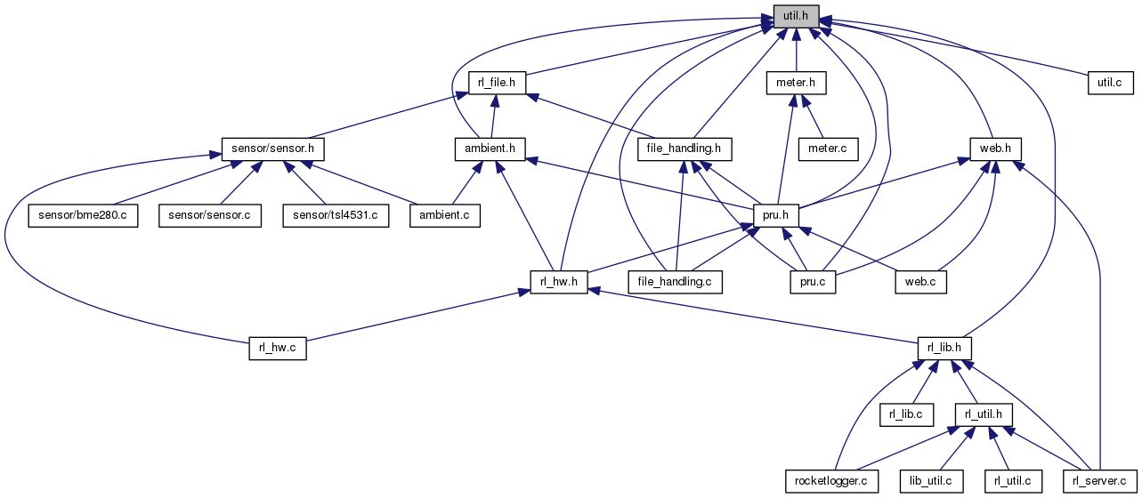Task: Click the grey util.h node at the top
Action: tap(795, 16)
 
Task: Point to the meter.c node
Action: tap(828, 148)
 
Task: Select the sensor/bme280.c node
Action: tap(83, 215)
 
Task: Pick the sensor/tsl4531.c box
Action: tap(336, 215)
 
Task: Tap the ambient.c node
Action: tap(444, 215)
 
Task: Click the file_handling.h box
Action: tap(684, 148)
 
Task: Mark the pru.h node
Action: tap(776, 215)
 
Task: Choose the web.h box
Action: tap(995, 148)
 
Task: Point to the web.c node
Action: tap(921, 282)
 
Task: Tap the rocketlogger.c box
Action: tap(831, 481)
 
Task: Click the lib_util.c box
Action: tap(931, 481)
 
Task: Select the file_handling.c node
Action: tap(676, 282)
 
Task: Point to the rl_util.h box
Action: tap(984, 414)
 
